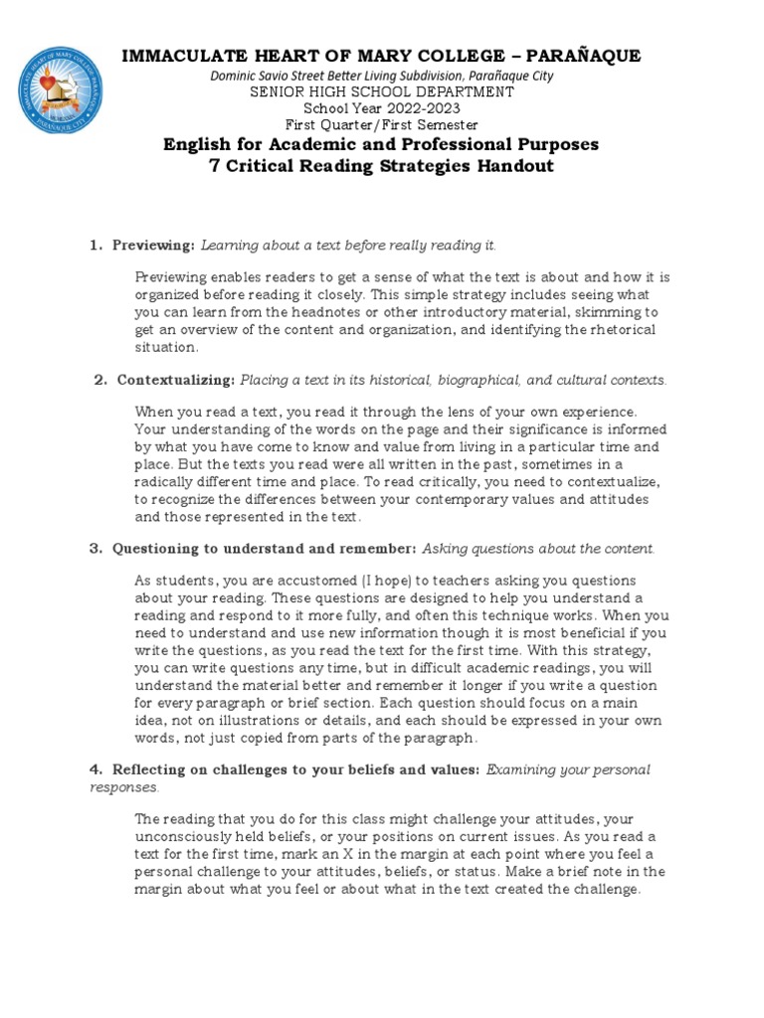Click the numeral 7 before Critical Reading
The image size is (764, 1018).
[x=214, y=166]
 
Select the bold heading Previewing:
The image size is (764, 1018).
[x=153, y=245]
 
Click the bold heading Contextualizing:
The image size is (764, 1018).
[x=175, y=380]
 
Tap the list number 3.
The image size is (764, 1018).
[x=95, y=548]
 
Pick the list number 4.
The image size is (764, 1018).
[x=95, y=768]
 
